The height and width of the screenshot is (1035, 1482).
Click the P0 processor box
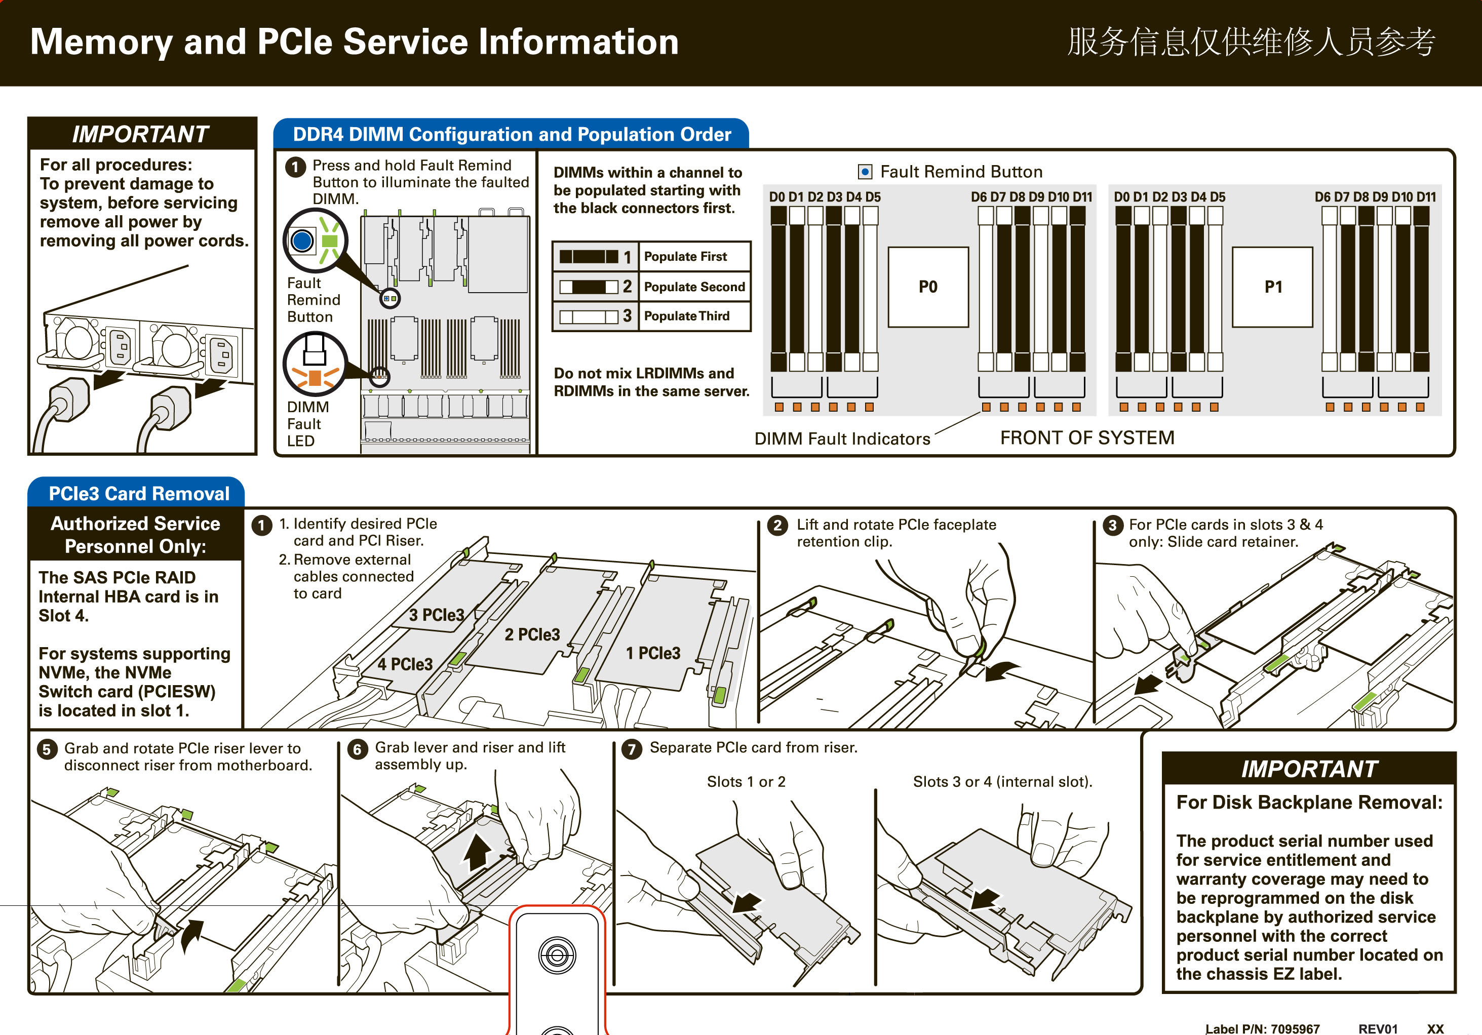927,287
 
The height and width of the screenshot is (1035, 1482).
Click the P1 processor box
1272,287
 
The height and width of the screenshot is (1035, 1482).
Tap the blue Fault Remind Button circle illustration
302,241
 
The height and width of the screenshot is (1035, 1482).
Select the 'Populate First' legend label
685,257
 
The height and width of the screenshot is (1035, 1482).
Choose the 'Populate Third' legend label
686,316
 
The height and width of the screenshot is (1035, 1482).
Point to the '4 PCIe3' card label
405,664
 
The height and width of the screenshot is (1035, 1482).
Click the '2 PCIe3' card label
532,634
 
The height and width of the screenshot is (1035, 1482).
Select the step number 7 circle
631,748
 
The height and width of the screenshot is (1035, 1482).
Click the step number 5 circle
47,749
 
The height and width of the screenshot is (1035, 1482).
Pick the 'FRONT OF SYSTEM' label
1087,437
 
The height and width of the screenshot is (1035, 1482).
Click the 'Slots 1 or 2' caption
746,781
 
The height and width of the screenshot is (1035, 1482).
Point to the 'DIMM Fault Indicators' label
842,439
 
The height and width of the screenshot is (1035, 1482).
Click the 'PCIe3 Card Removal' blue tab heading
139,494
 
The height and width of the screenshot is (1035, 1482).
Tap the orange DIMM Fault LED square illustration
315,377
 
